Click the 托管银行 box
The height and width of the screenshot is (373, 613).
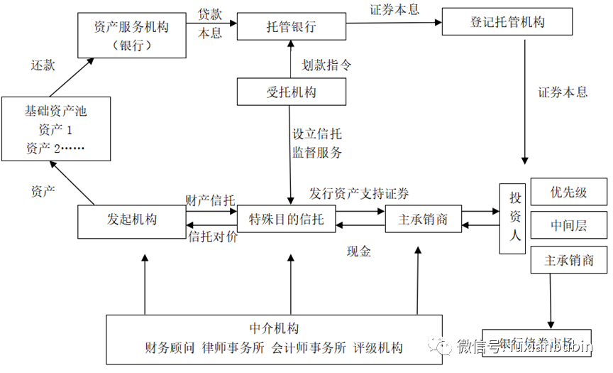click(x=291, y=28)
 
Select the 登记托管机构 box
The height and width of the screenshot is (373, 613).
click(x=507, y=22)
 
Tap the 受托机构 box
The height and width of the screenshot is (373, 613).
click(x=291, y=92)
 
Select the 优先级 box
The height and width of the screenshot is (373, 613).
click(x=569, y=193)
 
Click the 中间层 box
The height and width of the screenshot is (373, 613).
click(x=569, y=226)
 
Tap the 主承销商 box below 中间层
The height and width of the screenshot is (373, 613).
click(x=569, y=260)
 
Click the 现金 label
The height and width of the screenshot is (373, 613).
click(x=359, y=251)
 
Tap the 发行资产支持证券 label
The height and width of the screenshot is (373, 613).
click(x=359, y=194)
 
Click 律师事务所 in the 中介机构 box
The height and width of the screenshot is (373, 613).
click(x=233, y=347)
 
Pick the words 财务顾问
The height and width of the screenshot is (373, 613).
click(x=170, y=347)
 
